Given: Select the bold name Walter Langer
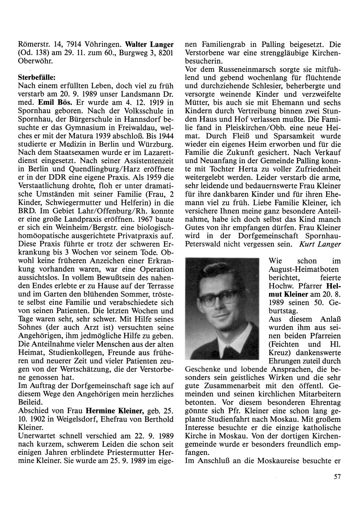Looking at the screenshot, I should (149, 45).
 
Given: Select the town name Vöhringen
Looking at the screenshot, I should (104, 45).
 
